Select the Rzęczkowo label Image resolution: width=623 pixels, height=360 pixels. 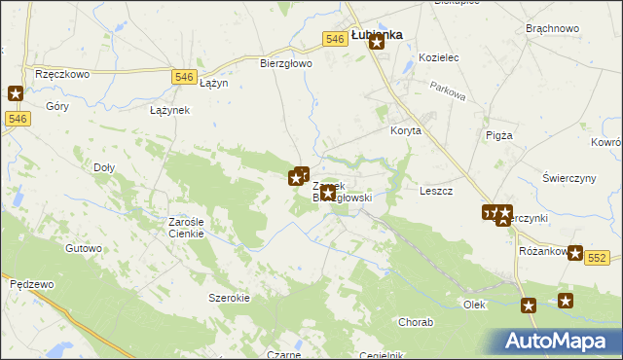(62, 73)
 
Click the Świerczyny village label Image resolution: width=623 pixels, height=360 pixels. (569, 179)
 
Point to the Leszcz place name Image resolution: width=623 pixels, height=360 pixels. (436, 191)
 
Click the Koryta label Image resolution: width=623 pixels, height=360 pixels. (405, 130)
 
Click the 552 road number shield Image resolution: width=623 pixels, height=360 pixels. (597, 256)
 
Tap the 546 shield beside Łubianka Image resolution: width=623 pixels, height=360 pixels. (336, 38)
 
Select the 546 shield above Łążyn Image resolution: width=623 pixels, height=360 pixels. (184, 76)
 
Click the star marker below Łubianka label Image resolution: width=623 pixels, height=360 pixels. (377, 69)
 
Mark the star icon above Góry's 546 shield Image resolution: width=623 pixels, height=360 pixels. (16, 93)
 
